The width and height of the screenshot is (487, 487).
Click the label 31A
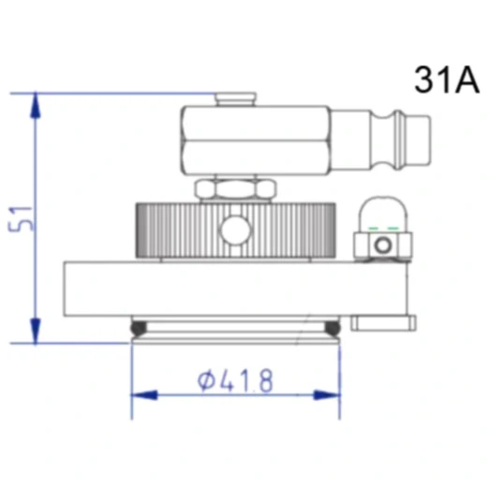447,80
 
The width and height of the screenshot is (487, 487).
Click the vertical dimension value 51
21,219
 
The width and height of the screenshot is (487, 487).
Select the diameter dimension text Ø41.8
235,380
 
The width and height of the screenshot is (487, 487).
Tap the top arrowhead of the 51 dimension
36,105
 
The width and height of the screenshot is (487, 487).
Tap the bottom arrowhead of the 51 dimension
36,331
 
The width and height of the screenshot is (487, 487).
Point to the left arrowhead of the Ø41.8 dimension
144,395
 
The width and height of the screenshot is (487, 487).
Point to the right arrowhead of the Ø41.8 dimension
327,395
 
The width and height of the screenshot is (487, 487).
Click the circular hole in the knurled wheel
235,230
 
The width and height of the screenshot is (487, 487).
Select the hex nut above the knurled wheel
236,190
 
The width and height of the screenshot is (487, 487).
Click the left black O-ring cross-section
139,327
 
